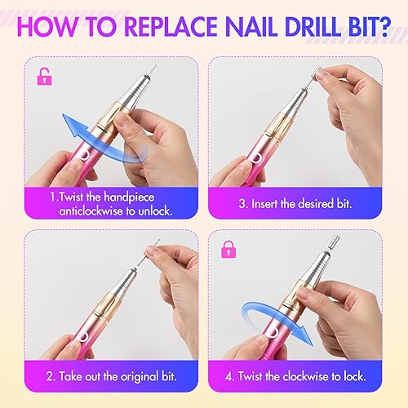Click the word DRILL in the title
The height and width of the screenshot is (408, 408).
(x=313, y=25)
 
